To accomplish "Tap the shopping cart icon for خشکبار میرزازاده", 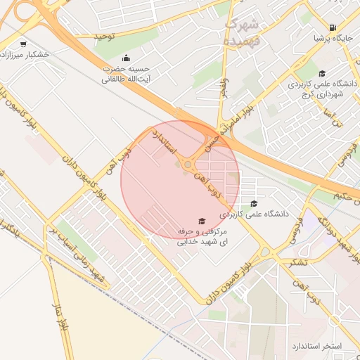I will click(x=25, y=43).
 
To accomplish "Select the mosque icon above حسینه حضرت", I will click(x=126, y=58).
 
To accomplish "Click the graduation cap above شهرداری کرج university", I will click(x=322, y=73).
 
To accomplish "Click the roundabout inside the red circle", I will click(x=188, y=165).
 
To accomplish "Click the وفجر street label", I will click(x=224, y=88).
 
